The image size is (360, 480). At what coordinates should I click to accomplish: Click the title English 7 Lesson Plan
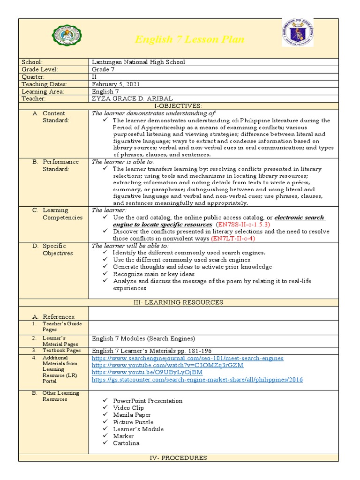point(189,39)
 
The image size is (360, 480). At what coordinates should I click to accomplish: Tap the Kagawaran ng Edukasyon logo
point(297,33)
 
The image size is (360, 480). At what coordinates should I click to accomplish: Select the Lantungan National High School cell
point(138,62)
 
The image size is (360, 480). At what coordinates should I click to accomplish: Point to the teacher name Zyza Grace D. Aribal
point(132,99)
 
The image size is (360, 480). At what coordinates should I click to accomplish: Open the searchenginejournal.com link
point(187,358)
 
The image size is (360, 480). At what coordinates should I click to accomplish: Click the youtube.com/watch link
point(167,365)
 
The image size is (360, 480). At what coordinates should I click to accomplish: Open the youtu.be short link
point(147,372)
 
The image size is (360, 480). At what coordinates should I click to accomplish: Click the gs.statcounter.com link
point(197,379)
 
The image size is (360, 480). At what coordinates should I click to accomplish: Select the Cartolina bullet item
point(126,443)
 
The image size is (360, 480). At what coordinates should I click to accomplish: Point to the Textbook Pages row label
point(61,350)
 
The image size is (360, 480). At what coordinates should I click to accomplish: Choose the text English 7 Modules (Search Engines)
point(143,338)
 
